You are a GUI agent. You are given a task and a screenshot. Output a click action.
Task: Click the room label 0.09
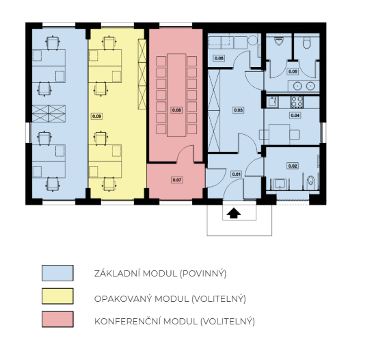96,116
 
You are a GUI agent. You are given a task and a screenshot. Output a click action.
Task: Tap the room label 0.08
176,110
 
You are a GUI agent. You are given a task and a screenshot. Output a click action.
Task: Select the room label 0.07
177,180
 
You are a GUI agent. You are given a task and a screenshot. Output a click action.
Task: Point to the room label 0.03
239,110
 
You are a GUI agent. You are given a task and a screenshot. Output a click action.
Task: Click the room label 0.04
295,116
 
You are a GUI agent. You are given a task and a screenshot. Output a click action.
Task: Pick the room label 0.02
293,166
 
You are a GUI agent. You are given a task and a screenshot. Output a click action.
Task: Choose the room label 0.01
236,175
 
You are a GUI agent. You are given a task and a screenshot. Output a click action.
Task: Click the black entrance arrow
234,213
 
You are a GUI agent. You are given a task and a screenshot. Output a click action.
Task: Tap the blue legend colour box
57,273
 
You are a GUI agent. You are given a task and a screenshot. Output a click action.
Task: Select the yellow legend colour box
57,296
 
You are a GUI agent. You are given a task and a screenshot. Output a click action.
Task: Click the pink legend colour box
57,319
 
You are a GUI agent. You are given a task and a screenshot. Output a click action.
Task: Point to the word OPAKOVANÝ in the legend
123,298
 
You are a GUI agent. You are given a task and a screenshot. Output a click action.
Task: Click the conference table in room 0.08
176,95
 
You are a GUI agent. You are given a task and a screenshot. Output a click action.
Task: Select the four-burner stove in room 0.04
297,102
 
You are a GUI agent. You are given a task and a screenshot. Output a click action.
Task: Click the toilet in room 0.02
310,181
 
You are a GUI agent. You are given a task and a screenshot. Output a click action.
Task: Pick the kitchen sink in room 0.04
272,102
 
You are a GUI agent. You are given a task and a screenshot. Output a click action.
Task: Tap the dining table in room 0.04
280,134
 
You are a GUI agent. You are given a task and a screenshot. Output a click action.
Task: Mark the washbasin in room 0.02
281,184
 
